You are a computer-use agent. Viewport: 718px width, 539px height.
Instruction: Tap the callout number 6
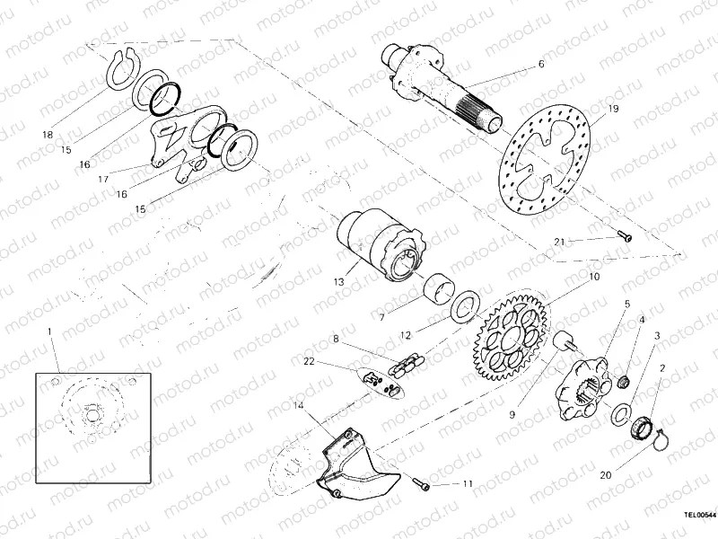pyautogui.click(x=541, y=64)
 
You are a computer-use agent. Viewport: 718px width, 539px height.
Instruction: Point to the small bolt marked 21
pyautogui.click(x=625, y=237)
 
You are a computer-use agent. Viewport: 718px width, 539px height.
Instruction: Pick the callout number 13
pyautogui.click(x=339, y=281)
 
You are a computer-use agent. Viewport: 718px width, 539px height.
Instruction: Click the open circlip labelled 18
pyautogui.click(x=117, y=69)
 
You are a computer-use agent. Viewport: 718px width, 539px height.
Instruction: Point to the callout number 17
pyautogui.click(x=103, y=179)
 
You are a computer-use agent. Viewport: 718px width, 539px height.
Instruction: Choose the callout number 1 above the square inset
pyautogui.click(x=50, y=332)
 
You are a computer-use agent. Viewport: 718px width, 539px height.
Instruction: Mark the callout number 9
pyautogui.click(x=512, y=390)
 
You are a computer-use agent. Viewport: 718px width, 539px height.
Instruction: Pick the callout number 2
pyautogui.click(x=662, y=367)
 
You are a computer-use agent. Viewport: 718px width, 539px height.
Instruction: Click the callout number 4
pyautogui.click(x=642, y=320)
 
